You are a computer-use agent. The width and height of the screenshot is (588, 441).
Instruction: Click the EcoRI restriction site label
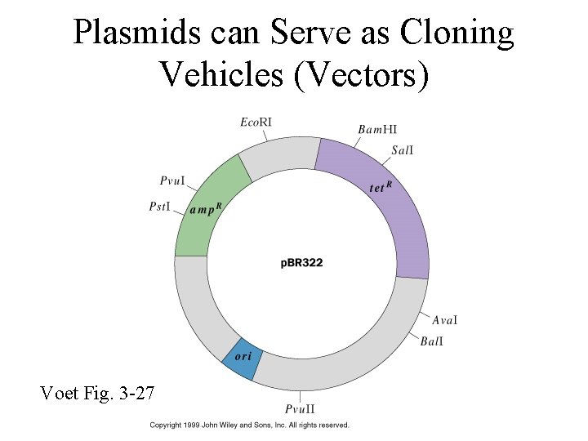click(256, 122)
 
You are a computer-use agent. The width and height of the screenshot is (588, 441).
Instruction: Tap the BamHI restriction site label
click(377, 129)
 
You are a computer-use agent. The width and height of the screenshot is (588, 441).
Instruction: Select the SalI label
click(403, 149)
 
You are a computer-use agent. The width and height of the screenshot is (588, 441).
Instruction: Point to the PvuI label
click(171, 180)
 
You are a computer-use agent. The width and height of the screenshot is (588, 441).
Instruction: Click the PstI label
click(159, 207)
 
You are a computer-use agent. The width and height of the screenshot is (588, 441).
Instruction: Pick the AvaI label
click(444, 320)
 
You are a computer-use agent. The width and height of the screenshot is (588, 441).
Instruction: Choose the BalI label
click(432, 341)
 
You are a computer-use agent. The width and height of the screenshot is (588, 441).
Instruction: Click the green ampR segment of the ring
click(199, 229)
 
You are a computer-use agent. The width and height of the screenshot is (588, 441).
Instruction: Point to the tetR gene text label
click(381, 187)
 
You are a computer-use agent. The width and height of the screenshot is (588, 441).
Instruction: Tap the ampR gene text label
click(205, 209)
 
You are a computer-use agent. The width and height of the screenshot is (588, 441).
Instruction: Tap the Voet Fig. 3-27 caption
click(96, 394)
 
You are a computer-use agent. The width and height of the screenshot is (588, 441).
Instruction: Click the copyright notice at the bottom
click(249, 425)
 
